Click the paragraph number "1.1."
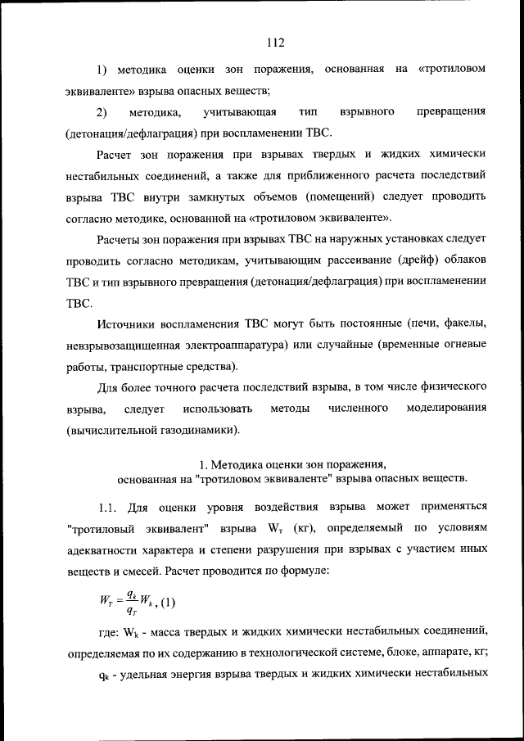[x=108, y=505]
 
